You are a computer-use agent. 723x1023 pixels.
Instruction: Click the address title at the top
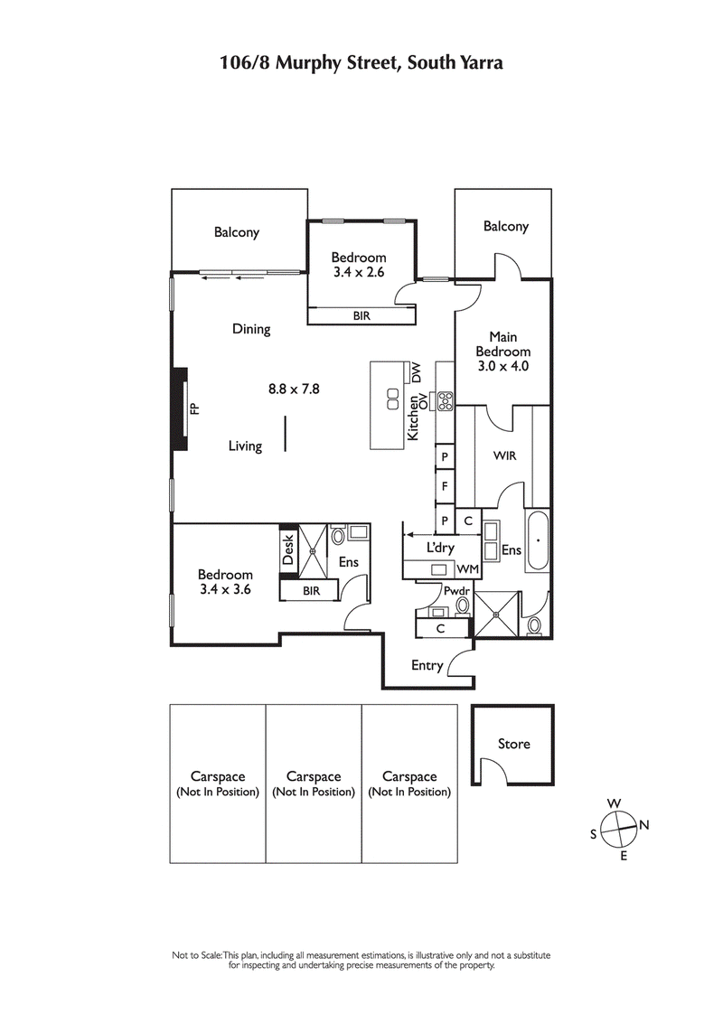[x=361, y=62]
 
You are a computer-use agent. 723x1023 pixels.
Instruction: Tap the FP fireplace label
[x=194, y=408]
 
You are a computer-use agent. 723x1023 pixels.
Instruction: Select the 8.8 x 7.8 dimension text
[x=295, y=389]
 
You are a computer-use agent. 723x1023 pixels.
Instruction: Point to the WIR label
[x=504, y=456]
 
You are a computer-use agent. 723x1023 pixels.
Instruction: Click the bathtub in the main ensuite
[x=538, y=540]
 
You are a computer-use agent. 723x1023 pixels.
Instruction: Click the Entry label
[x=427, y=666]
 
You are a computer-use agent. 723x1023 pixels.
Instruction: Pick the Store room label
[x=514, y=744]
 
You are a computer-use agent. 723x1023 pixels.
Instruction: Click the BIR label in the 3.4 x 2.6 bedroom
[x=361, y=316]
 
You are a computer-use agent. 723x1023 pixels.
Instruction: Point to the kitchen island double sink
[x=393, y=399]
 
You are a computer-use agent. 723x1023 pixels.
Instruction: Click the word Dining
[x=251, y=329]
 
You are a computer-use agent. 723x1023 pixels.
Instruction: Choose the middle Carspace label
[x=314, y=784]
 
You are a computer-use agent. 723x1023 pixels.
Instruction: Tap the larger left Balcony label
[x=237, y=232]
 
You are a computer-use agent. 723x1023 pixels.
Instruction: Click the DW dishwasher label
[x=417, y=371]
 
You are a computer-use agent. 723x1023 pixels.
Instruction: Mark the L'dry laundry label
[x=439, y=548]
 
